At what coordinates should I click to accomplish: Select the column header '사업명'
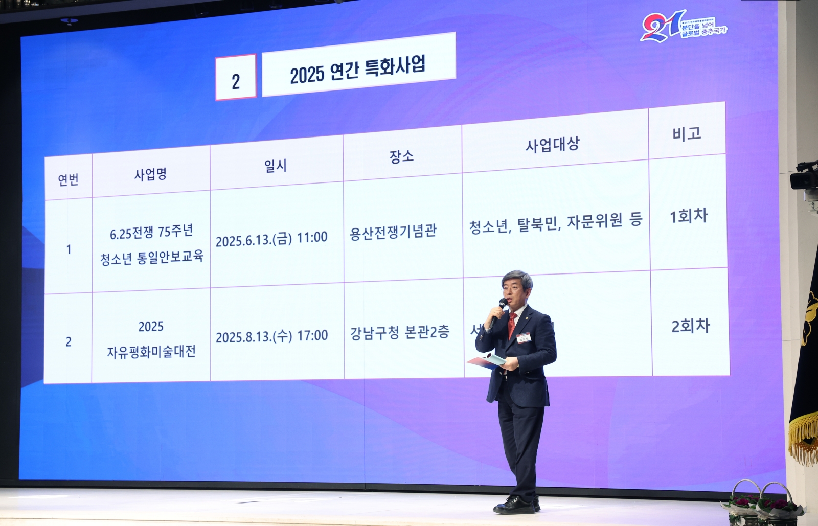tap(150, 175)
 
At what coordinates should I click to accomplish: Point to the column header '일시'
tap(276, 165)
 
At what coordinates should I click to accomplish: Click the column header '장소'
tap(402, 155)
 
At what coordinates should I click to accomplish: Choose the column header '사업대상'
tap(553, 145)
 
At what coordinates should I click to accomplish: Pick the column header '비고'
tap(687, 134)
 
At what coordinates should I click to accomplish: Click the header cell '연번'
tap(68, 179)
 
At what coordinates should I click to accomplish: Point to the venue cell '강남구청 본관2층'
tap(399, 333)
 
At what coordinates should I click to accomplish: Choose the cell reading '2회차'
tap(691, 326)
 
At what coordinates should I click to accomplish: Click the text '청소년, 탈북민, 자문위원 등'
tap(555, 223)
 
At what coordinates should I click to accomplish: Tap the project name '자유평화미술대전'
tap(151, 352)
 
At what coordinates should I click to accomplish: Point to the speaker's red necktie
tap(511, 325)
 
